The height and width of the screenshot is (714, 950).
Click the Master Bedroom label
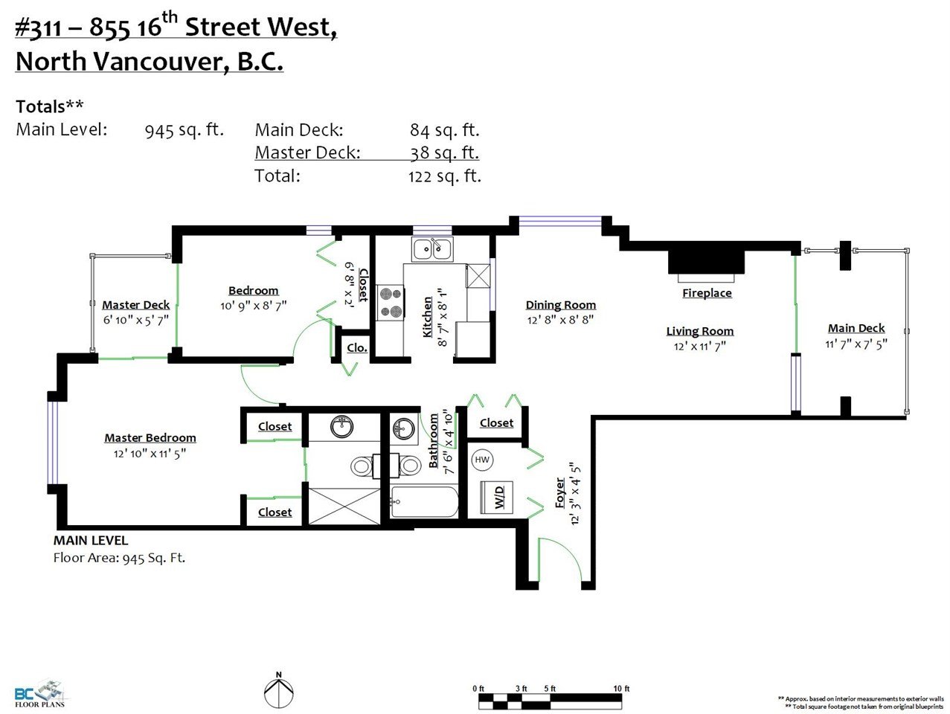[x=150, y=438]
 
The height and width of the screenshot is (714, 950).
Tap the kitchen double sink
[x=432, y=249]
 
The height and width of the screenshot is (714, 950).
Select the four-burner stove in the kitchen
[x=390, y=303]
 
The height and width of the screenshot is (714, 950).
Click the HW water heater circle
[x=482, y=460]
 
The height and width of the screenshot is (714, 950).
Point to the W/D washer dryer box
[x=497, y=498]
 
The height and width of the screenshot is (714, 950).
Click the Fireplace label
[x=707, y=293]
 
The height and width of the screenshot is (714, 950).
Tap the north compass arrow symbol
[x=279, y=692]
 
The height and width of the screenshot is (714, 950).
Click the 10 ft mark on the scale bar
[x=621, y=689]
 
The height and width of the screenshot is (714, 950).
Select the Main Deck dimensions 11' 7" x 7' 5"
[x=856, y=344]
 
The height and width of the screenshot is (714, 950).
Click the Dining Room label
[x=560, y=305]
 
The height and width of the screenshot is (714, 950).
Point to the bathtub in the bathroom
[x=424, y=501]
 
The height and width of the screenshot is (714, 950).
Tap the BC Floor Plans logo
[x=40, y=694]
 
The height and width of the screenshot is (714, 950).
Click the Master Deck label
[x=135, y=305]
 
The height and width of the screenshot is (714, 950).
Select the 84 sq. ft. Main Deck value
[x=444, y=130]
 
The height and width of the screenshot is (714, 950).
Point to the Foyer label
[x=560, y=493]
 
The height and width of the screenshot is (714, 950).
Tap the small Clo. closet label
[x=357, y=348]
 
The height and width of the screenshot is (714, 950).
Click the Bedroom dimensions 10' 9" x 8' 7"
[x=253, y=306]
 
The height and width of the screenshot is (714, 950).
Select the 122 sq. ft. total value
[x=444, y=176]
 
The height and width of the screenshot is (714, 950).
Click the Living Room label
[x=700, y=331]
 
